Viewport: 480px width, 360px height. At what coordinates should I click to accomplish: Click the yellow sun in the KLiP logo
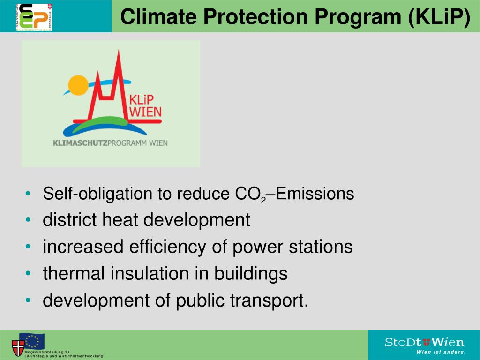pyautogui.click(x=78, y=85)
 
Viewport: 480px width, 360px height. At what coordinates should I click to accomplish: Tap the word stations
pyautogui.click(x=323, y=247)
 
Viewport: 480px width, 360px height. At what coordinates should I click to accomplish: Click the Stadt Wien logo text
pyautogui.click(x=424, y=342)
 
